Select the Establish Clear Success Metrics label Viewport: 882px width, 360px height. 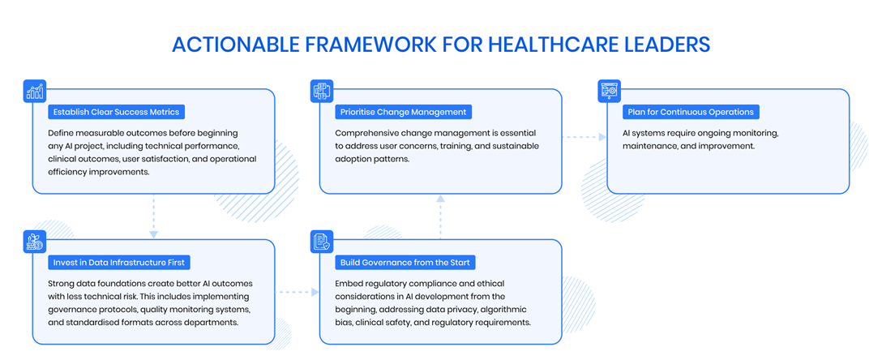point(117,112)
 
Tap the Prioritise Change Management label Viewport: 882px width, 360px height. point(404,112)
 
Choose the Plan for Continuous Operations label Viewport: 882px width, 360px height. point(691,112)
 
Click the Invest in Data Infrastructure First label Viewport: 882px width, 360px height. point(120,262)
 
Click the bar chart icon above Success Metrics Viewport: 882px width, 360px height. point(34,91)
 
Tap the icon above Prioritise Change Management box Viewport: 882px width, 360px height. point(322,91)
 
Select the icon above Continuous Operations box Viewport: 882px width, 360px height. point(609,91)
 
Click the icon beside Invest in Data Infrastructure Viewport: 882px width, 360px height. point(34,242)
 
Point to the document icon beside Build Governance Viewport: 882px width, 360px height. point(322,242)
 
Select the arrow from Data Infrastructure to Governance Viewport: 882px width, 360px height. point(297,292)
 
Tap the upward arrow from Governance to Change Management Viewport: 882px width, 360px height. point(440,216)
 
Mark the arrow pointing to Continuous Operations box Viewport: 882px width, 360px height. point(584,137)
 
